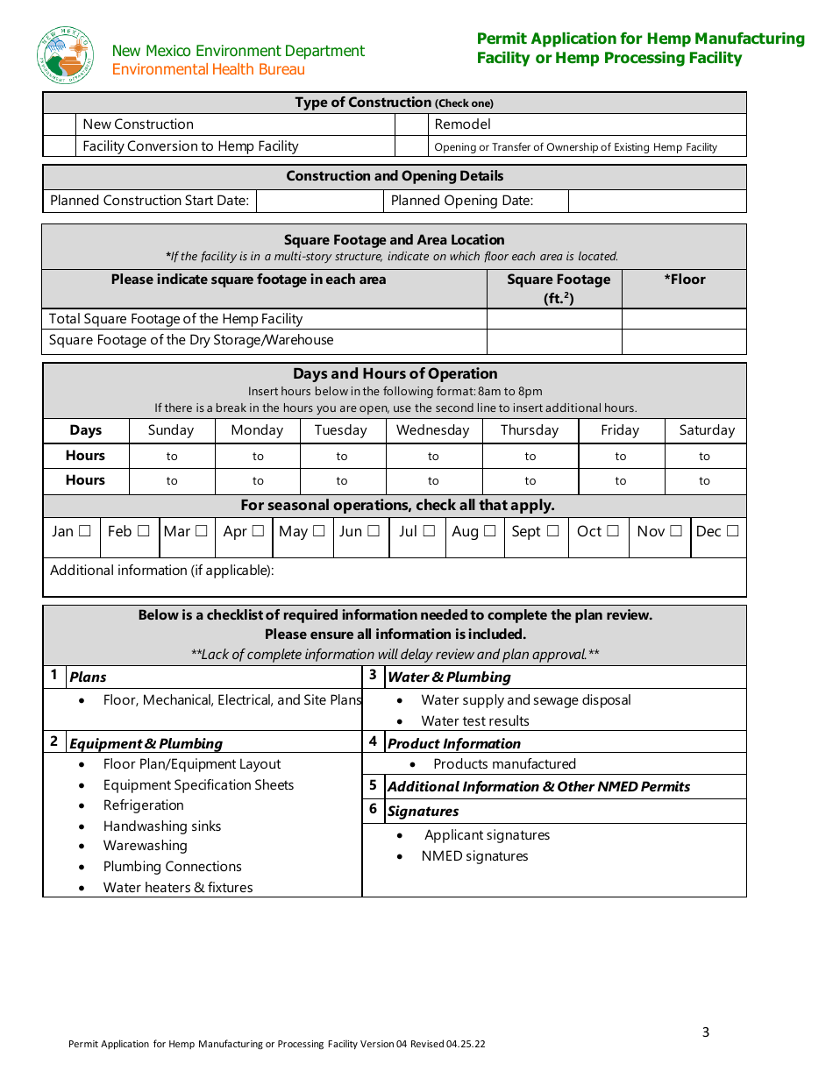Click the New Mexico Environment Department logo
(65, 54)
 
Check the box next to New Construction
(60, 124)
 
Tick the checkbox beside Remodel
(411, 124)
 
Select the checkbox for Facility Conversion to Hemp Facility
(60, 146)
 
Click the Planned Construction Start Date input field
(319, 201)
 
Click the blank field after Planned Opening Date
(657, 201)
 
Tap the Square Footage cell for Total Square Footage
(554, 319)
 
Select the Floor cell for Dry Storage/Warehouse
(684, 341)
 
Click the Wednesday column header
(433, 430)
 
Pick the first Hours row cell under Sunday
(172, 456)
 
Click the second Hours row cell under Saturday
(705, 481)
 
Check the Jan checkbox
(85, 531)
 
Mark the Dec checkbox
(732, 531)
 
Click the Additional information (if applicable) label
(162, 571)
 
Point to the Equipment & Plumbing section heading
(146, 743)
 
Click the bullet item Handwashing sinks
(162, 826)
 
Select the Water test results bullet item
(475, 721)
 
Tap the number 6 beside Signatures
(373, 809)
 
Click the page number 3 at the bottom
(706, 1032)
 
